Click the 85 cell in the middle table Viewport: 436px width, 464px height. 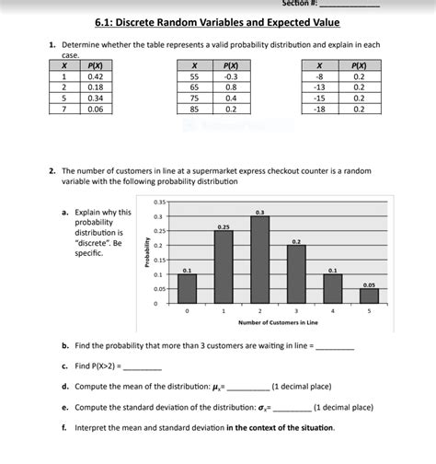tap(195, 109)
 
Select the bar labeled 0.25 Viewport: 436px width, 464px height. tap(224, 267)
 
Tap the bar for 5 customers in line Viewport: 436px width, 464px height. tap(369, 296)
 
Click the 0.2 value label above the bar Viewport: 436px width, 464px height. tap(296, 240)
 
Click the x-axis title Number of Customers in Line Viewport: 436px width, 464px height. tap(278, 323)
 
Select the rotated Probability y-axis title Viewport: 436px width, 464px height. tap(145, 253)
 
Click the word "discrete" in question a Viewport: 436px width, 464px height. tap(93, 243)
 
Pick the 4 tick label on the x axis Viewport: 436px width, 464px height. tap(332, 312)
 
